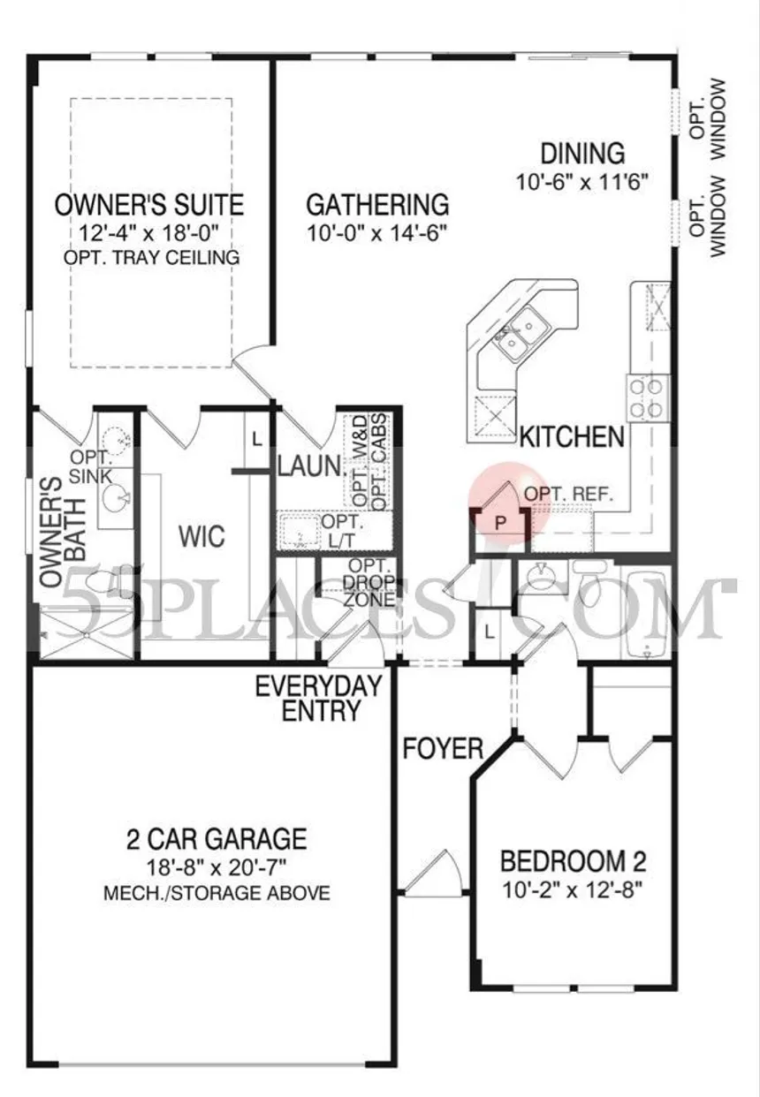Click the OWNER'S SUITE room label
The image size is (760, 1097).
pyautogui.click(x=149, y=205)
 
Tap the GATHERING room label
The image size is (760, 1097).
pyautogui.click(x=377, y=205)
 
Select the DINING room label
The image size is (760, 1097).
pyautogui.click(x=582, y=154)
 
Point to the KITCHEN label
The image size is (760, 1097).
pyautogui.click(x=572, y=436)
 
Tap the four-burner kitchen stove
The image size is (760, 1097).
pyautogui.click(x=647, y=398)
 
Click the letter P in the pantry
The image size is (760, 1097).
pyautogui.click(x=500, y=524)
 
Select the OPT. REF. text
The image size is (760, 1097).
pyautogui.click(x=569, y=494)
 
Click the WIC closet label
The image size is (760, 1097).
pyautogui.click(x=201, y=536)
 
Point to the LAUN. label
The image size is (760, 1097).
pyautogui.click(x=309, y=465)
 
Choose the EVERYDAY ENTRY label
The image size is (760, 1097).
pyautogui.click(x=318, y=699)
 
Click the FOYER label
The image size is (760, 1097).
pyautogui.click(x=443, y=749)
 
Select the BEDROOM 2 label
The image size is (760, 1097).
pyautogui.click(x=573, y=862)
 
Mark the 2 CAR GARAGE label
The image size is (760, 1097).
pyautogui.click(x=217, y=839)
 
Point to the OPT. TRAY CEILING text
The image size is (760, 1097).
pyautogui.click(x=152, y=258)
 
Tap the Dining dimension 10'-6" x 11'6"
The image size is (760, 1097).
pyautogui.click(x=582, y=182)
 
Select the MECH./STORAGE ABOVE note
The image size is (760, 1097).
pyautogui.click(x=217, y=893)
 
